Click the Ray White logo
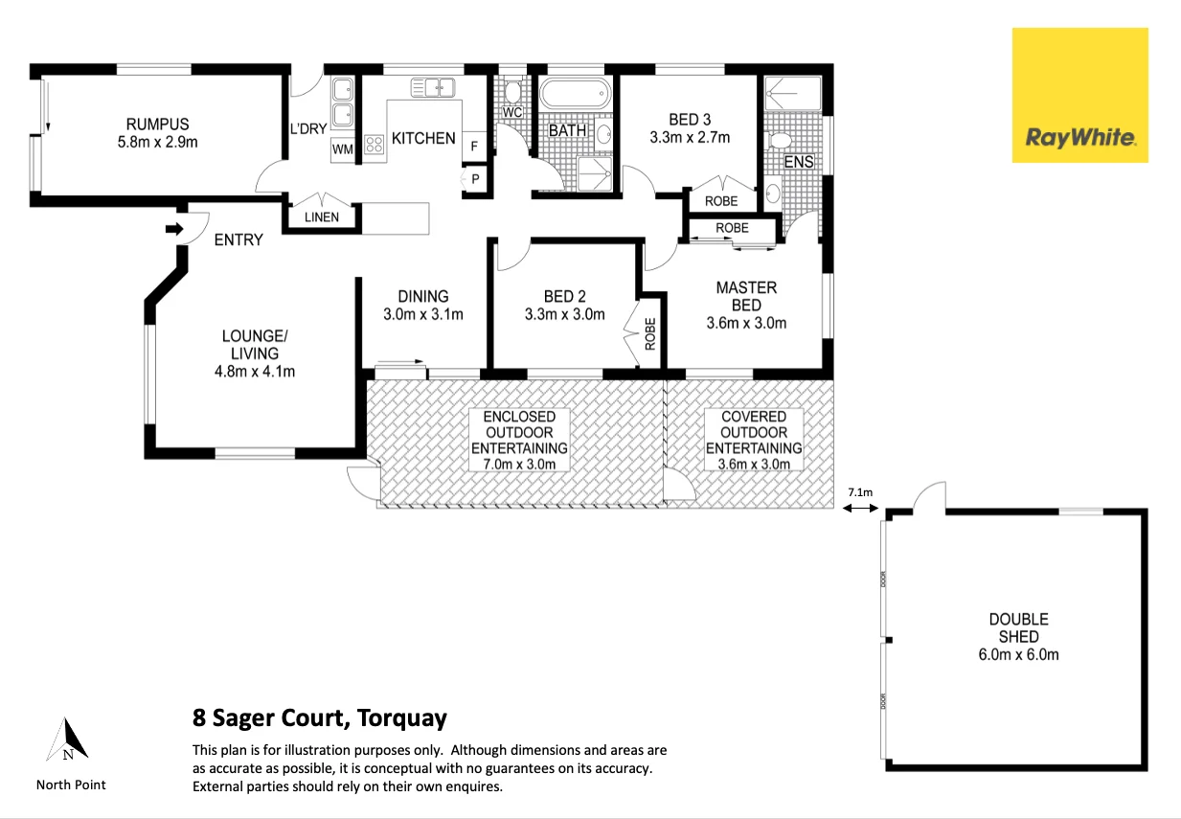click(1079, 95)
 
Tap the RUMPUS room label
click(157, 124)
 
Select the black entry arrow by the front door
click(174, 229)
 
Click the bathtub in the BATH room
click(576, 95)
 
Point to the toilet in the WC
click(511, 91)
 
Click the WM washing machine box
click(343, 149)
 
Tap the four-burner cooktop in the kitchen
click(374, 145)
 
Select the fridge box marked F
click(474, 147)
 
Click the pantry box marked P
click(475, 179)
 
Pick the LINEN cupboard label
click(322, 216)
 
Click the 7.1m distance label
click(860, 492)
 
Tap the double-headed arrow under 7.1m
click(860, 509)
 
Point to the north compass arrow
click(67, 739)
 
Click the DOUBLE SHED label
click(1018, 627)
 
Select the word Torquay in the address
click(401, 718)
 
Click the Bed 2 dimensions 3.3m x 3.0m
click(565, 314)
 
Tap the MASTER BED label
click(746, 296)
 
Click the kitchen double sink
click(433, 87)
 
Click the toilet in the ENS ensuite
click(780, 142)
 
